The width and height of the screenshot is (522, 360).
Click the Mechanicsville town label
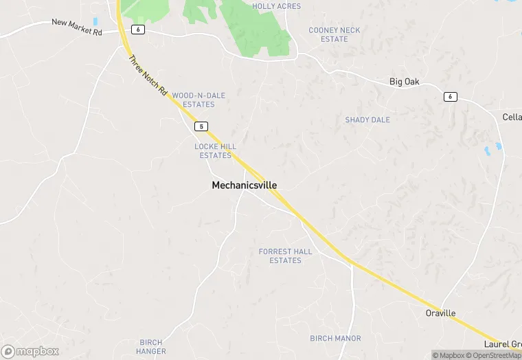click(244, 185)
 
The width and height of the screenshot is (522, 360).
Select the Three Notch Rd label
click(148, 75)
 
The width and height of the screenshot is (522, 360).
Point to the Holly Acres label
click(276, 6)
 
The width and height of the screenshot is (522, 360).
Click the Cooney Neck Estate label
click(334, 34)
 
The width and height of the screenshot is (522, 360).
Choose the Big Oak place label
click(404, 82)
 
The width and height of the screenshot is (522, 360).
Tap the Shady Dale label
click(367, 120)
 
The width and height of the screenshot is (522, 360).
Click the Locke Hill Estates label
click(216, 151)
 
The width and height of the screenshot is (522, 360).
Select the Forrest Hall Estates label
click(285, 256)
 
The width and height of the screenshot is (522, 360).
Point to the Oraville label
click(440, 313)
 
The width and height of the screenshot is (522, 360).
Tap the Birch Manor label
click(335, 338)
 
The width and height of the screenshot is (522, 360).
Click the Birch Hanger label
click(151, 346)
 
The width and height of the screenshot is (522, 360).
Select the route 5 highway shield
click(201, 126)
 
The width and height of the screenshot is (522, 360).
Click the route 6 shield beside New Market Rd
click(138, 30)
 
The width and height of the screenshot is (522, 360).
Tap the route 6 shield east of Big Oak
click(450, 96)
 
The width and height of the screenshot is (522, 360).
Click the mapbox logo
click(30, 350)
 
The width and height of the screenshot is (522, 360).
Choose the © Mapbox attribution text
click(448, 355)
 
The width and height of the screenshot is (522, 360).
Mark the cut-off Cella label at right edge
click(512, 117)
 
